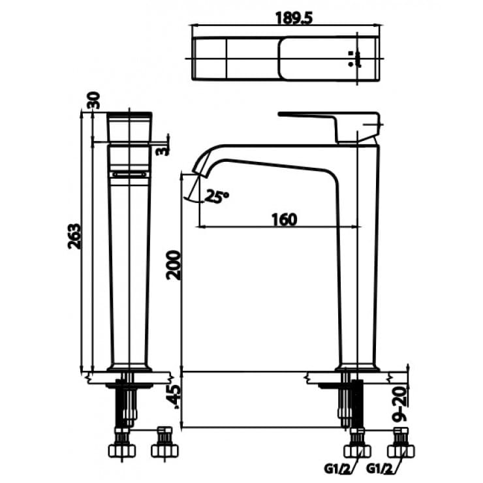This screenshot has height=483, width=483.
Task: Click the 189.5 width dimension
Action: point(285,18)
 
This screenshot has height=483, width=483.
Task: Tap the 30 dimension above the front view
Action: point(93,101)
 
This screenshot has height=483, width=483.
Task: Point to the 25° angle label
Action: point(217,195)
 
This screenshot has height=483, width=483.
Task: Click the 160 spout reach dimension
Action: point(282,219)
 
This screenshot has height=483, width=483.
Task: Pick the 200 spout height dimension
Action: point(172,264)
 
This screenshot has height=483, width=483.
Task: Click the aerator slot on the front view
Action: point(130,174)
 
